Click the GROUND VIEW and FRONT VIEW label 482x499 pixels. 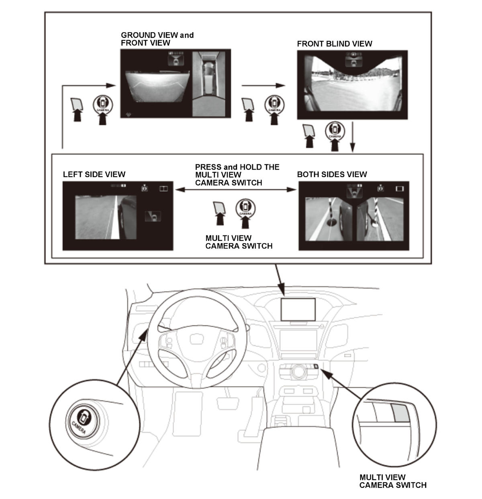(x=157, y=39)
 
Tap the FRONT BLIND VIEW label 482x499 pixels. (x=335, y=44)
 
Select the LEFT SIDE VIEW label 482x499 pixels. (x=94, y=174)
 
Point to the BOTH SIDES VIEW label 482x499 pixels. (x=332, y=174)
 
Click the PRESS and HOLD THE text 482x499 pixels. (x=237, y=167)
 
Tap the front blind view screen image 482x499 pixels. (x=352, y=85)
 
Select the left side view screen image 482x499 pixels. (x=118, y=216)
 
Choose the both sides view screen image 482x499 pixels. (x=354, y=216)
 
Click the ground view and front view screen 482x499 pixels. (x=176, y=84)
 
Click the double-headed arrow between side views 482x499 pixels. (x=236, y=190)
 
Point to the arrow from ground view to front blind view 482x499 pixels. (x=263, y=86)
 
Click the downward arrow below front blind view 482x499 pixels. (x=353, y=137)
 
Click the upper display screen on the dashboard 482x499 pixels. (x=298, y=309)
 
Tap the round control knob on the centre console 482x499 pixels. (x=298, y=371)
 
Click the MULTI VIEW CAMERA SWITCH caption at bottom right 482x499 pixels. (x=393, y=481)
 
